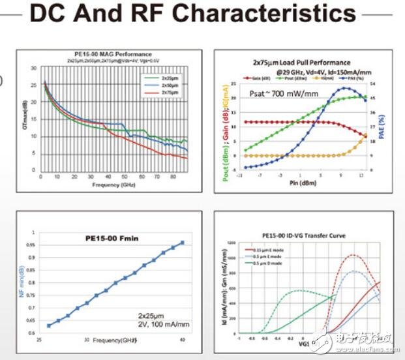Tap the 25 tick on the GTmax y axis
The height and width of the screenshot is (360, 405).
[x=33, y=83]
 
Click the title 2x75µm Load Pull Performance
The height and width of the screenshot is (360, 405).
[x=301, y=63]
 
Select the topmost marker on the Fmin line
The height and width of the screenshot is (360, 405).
[x=182, y=243]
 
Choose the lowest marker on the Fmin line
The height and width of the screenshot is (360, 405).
[x=48, y=325]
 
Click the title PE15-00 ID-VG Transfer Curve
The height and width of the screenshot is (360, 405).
[x=304, y=235]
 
